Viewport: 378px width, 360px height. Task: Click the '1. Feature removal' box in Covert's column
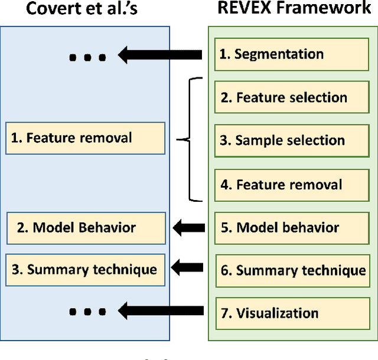[x=85, y=139]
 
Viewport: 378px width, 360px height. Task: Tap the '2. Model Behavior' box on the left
[x=85, y=227]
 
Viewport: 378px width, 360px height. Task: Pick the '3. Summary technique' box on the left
[x=85, y=270]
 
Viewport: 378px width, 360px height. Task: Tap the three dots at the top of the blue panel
[x=87, y=58]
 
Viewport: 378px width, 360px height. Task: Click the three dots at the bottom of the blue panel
[x=87, y=311]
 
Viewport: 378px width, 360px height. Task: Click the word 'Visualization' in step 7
[x=278, y=313]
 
